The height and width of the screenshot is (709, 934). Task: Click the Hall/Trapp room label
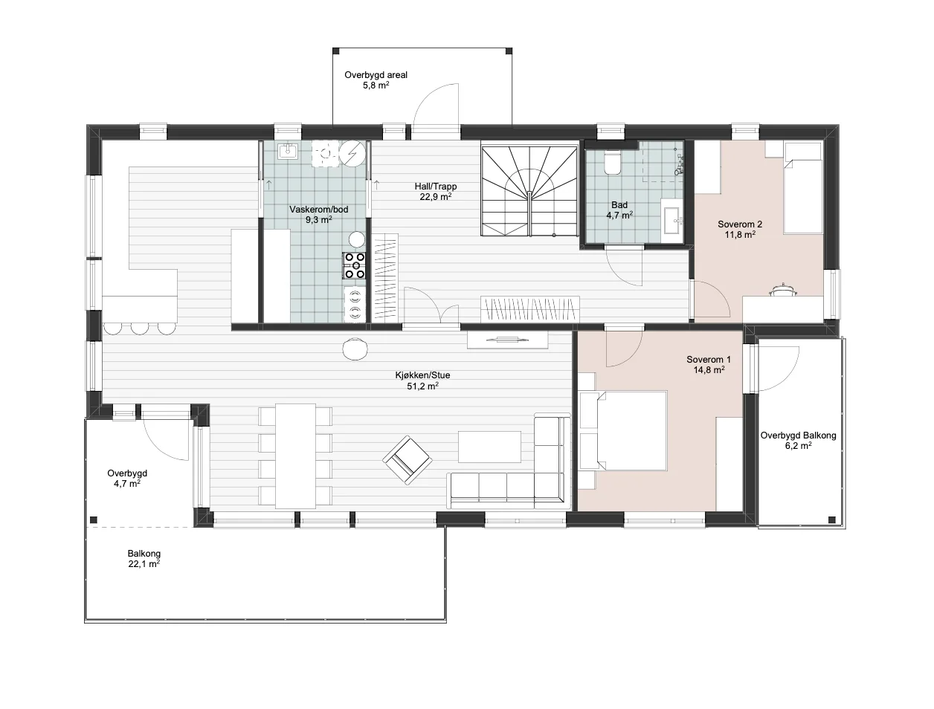(435, 187)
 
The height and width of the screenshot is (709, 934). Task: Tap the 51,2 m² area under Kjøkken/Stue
(422, 386)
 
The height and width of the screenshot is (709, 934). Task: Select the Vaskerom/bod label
(319, 209)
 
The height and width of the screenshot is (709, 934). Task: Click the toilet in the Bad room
(612, 164)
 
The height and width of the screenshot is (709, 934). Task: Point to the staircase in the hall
(529, 191)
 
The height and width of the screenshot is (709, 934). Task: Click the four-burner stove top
(355, 265)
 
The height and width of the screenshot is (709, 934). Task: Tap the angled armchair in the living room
(408, 460)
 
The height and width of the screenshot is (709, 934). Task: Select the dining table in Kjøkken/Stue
(295, 456)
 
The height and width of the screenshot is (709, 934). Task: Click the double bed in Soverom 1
(631, 430)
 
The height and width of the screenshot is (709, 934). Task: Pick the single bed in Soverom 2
(803, 188)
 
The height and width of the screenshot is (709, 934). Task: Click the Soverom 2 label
(740, 224)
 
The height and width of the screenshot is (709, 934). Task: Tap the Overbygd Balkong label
(798, 436)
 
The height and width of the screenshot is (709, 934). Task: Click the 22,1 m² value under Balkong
(144, 564)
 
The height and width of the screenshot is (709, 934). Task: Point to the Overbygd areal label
(376, 75)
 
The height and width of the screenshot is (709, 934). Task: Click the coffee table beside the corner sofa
(489, 447)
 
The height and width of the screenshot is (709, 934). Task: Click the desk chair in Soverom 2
(782, 289)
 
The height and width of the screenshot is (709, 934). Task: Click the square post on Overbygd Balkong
(831, 519)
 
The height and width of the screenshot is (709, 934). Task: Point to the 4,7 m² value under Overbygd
(127, 484)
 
